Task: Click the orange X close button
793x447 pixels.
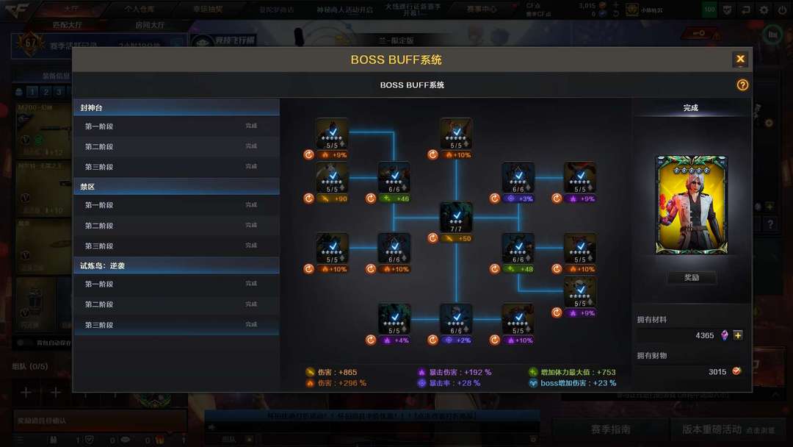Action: point(740,60)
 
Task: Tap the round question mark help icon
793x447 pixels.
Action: point(742,85)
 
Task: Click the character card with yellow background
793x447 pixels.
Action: point(691,205)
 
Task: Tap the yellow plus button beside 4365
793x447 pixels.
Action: point(738,335)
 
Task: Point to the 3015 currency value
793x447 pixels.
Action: point(717,372)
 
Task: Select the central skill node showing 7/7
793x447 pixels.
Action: point(456,218)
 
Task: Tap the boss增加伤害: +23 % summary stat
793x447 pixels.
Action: point(578,383)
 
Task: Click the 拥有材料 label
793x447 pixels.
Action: point(652,320)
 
